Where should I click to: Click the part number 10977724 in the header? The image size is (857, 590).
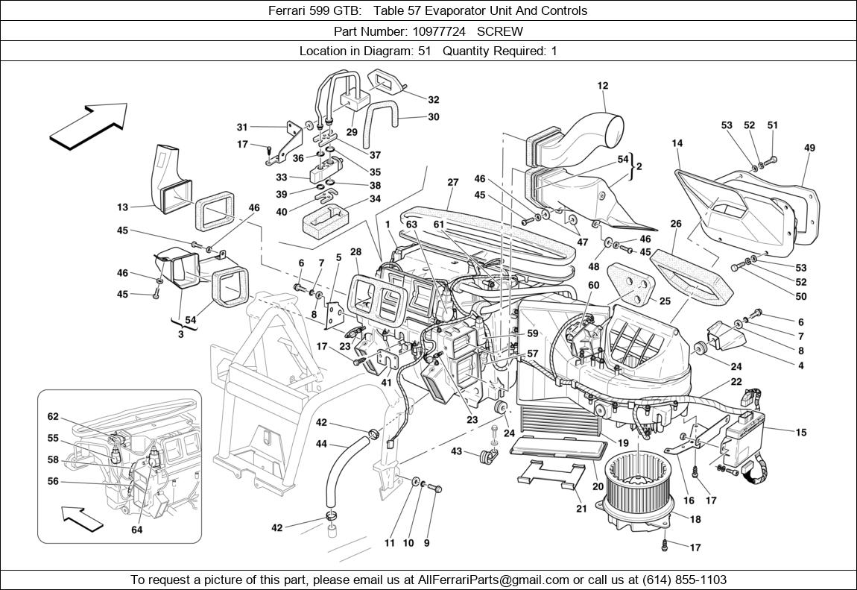441,31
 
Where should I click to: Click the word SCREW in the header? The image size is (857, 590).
500,31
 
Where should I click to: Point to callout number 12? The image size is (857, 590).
602,86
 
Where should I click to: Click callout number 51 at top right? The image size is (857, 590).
772,125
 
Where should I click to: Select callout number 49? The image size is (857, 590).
809,148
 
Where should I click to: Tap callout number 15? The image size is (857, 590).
801,432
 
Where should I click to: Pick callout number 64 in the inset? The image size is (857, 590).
137,530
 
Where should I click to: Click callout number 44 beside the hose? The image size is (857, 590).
321,444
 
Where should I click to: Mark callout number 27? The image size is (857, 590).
452,182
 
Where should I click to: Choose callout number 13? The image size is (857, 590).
122,207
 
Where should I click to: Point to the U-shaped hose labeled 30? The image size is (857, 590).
382,119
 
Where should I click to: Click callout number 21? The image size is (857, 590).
581,509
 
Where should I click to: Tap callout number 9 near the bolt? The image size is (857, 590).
426,543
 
